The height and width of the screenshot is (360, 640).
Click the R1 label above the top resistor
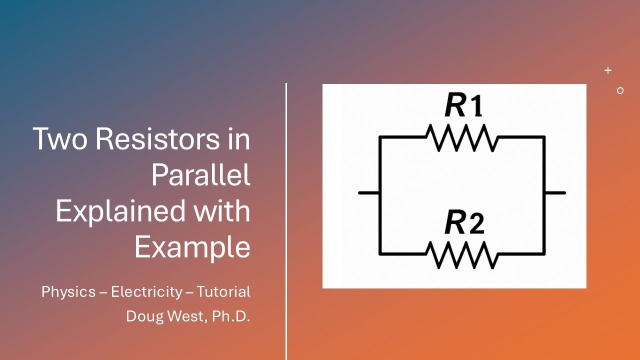click(463, 106)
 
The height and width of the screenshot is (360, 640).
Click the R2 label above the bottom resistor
click(464, 223)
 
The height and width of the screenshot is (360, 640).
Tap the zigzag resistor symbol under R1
click(461, 138)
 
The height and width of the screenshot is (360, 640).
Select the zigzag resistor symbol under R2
click(461, 255)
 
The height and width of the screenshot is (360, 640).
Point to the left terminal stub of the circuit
click(368, 192)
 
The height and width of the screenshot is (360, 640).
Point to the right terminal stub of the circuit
click(555, 192)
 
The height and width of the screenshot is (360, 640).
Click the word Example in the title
click(192, 247)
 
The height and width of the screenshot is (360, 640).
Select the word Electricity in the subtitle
click(146, 292)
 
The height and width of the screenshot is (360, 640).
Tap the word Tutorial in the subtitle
click(223, 292)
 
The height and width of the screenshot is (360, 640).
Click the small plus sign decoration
click(608, 70)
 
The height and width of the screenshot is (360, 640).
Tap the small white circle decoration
click(620, 90)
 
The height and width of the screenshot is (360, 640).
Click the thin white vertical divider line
click(286, 220)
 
